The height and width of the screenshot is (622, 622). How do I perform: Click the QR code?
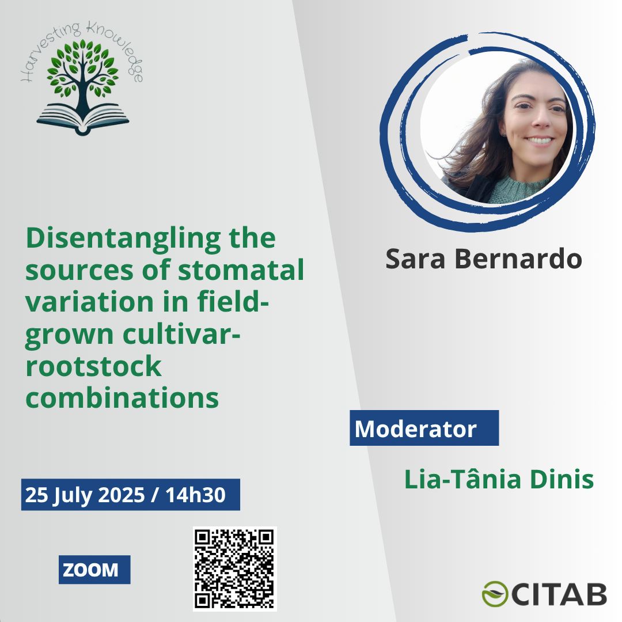tap(235, 568)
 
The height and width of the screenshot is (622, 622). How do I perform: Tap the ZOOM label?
tap(94, 570)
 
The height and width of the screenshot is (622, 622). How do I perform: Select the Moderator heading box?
tap(424, 428)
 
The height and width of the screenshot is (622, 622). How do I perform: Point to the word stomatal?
tap(241, 270)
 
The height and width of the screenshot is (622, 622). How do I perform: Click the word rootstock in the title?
tap(94, 366)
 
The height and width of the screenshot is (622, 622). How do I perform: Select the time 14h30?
tap(195, 495)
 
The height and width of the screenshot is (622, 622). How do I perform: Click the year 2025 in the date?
tap(122, 495)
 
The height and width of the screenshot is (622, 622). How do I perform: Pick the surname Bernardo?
tap(518, 259)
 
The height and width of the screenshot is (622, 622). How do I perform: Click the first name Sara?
tap(415, 259)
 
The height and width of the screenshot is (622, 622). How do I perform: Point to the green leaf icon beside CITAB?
tap(495, 594)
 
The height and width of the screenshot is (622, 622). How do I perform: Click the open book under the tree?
tap(83, 119)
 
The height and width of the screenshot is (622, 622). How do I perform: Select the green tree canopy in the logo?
tap(82, 68)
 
